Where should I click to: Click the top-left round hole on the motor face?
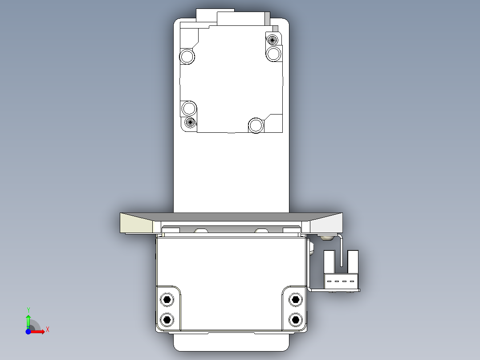point(187,57)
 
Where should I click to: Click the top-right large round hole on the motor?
point(274,54)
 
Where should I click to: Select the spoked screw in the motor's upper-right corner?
point(272,40)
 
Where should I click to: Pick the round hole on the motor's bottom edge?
point(256,125)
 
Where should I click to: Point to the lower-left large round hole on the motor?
point(189,108)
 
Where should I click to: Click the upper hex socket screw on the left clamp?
point(167,299)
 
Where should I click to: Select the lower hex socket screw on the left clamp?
point(167,319)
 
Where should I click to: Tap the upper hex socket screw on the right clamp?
point(295,299)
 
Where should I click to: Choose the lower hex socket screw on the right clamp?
point(295,319)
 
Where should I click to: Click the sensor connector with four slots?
point(341,281)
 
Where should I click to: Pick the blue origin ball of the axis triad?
point(28,331)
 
